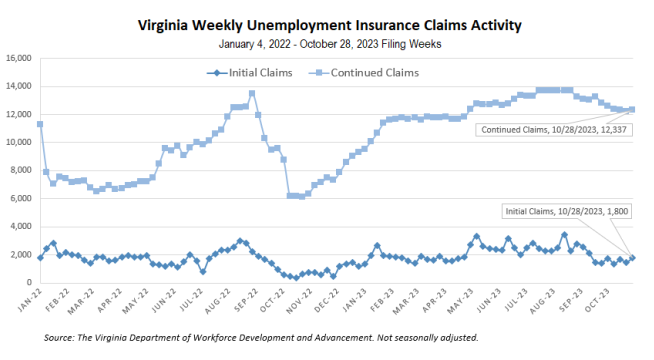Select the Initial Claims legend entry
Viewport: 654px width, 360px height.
coord(249,73)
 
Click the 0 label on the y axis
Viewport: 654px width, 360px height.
coord(29,283)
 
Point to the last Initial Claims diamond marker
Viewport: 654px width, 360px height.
coord(632,257)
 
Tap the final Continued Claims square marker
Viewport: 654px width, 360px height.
coord(632,109)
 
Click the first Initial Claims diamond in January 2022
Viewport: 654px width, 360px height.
coord(40,257)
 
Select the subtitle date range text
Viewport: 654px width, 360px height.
coord(330,44)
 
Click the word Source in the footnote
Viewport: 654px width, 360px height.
coord(58,337)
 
